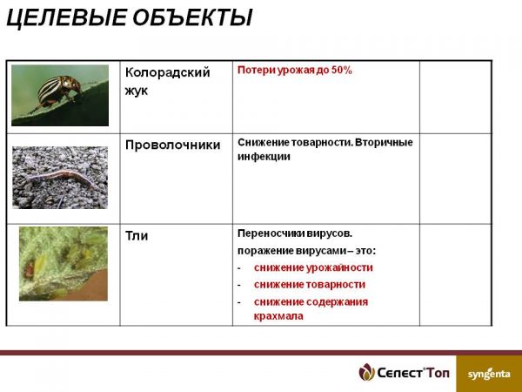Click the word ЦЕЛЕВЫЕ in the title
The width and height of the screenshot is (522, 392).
pos(66,17)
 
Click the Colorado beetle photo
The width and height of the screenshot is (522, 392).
pos(60,95)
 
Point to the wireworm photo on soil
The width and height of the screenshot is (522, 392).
pos(60,178)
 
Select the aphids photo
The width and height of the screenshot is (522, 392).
pos(64,264)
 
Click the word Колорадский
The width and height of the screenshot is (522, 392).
pos(167,72)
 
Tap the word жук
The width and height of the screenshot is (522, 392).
pos(137,91)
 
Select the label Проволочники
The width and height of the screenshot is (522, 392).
pos(173,145)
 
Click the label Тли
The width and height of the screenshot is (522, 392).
pos(137,236)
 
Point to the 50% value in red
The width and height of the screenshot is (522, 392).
pos(342,70)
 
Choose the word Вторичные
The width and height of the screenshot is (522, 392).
pos(384,142)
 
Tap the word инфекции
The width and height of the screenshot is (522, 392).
pos(264,156)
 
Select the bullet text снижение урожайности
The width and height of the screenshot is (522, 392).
pos(313,267)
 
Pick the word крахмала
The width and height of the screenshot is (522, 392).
pos(278,315)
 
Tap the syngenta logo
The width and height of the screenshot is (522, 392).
pos(489,375)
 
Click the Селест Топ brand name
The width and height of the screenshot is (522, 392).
pos(413,373)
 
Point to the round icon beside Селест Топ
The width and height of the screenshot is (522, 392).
pos(366,372)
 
